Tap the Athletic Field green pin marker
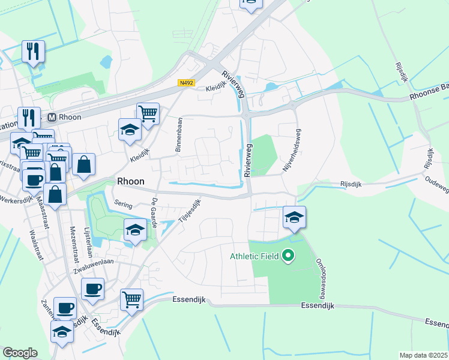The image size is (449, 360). (288, 256)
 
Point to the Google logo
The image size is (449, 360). (19, 353)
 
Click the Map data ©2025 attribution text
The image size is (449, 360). (423, 355)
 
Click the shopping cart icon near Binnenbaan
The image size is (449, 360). (148, 112)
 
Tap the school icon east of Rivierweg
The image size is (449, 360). (294, 217)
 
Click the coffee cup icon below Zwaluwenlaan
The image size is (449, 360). (92, 289)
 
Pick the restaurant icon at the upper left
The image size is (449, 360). (33, 51)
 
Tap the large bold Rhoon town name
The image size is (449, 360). (130, 179)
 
